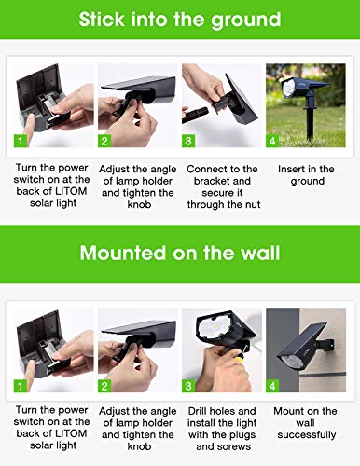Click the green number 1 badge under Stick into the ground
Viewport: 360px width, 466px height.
tap(21, 142)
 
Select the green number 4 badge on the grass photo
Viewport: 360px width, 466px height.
tap(273, 142)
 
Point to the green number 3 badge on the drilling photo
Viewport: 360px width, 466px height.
tap(189, 385)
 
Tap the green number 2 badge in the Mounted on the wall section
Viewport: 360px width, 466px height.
tap(105, 385)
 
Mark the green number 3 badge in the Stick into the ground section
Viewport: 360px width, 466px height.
tap(189, 142)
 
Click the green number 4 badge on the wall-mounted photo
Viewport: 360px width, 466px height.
tap(273, 385)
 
